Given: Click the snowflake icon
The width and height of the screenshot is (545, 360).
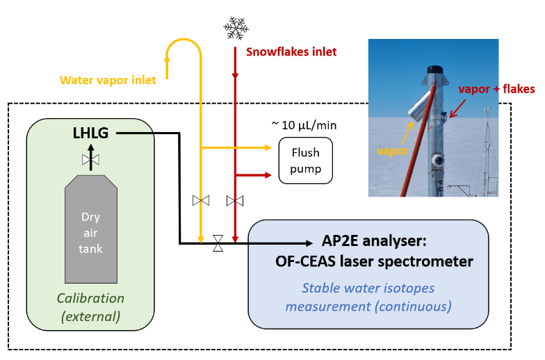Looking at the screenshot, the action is click(236, 28).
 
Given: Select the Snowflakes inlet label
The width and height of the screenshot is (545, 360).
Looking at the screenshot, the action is click(291, 51).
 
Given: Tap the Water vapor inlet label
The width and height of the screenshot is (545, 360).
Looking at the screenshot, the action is click(108, 81).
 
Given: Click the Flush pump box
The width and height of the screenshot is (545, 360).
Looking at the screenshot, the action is click(306, 161).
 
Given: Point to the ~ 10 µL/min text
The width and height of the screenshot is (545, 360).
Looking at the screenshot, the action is click(304, 125).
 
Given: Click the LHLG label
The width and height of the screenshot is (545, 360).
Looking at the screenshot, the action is click(90, 133).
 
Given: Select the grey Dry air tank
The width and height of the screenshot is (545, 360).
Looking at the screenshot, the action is click(91, 229).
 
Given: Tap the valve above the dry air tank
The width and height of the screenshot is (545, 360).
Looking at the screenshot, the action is click(90, 160).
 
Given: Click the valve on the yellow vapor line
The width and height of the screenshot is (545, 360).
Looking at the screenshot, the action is click(201, 200).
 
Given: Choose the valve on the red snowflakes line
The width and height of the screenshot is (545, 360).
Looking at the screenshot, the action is click(235, 201).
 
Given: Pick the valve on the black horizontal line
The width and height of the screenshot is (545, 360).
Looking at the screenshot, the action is click(218, 243).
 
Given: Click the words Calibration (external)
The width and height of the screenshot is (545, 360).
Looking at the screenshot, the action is click(90, 307).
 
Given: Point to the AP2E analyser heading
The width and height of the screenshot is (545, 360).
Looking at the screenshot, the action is click(374, 240).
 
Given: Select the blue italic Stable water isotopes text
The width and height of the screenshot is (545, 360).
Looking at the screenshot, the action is click(368, 288).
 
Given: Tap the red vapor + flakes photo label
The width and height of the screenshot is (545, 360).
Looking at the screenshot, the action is click(496, 89).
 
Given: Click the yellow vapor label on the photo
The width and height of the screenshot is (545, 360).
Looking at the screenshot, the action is click(393, 151).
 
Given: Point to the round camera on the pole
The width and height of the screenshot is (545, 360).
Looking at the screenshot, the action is click(438, 160).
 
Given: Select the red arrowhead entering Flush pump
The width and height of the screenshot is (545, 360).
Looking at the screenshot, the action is click(268, 175).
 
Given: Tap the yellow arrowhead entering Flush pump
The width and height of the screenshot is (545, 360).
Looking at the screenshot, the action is click(268, 147).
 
